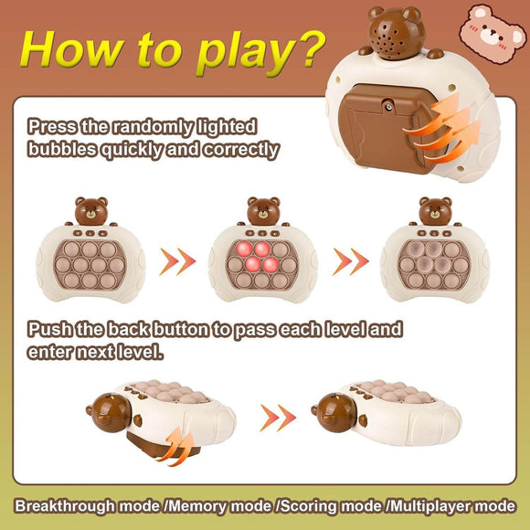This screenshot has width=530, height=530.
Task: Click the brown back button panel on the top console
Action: click(x=390, y=124)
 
